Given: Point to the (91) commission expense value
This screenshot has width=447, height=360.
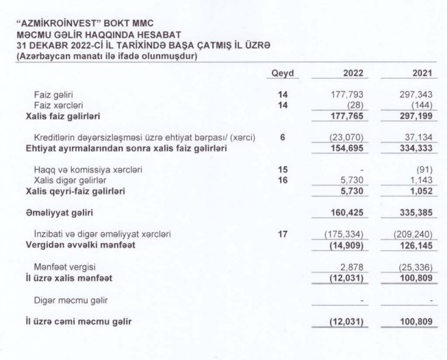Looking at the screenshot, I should click(x=425, y=169).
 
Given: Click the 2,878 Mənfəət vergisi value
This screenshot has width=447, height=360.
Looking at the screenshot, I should click(x=351, y=267).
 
